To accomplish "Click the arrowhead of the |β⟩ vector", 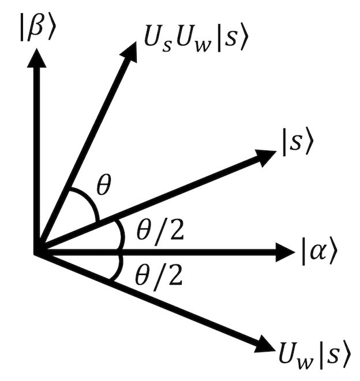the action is pyautogui.click(x=36, y=58).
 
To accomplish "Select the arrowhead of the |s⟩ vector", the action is pyautogui.click(x=267, y=158).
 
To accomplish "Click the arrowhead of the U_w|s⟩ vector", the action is pyautogui.click(x=265, y=345).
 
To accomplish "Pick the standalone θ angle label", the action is pyautogui.click(x=104, y=185).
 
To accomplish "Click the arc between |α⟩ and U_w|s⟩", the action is pyautogui.click(x=119, y=267).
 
